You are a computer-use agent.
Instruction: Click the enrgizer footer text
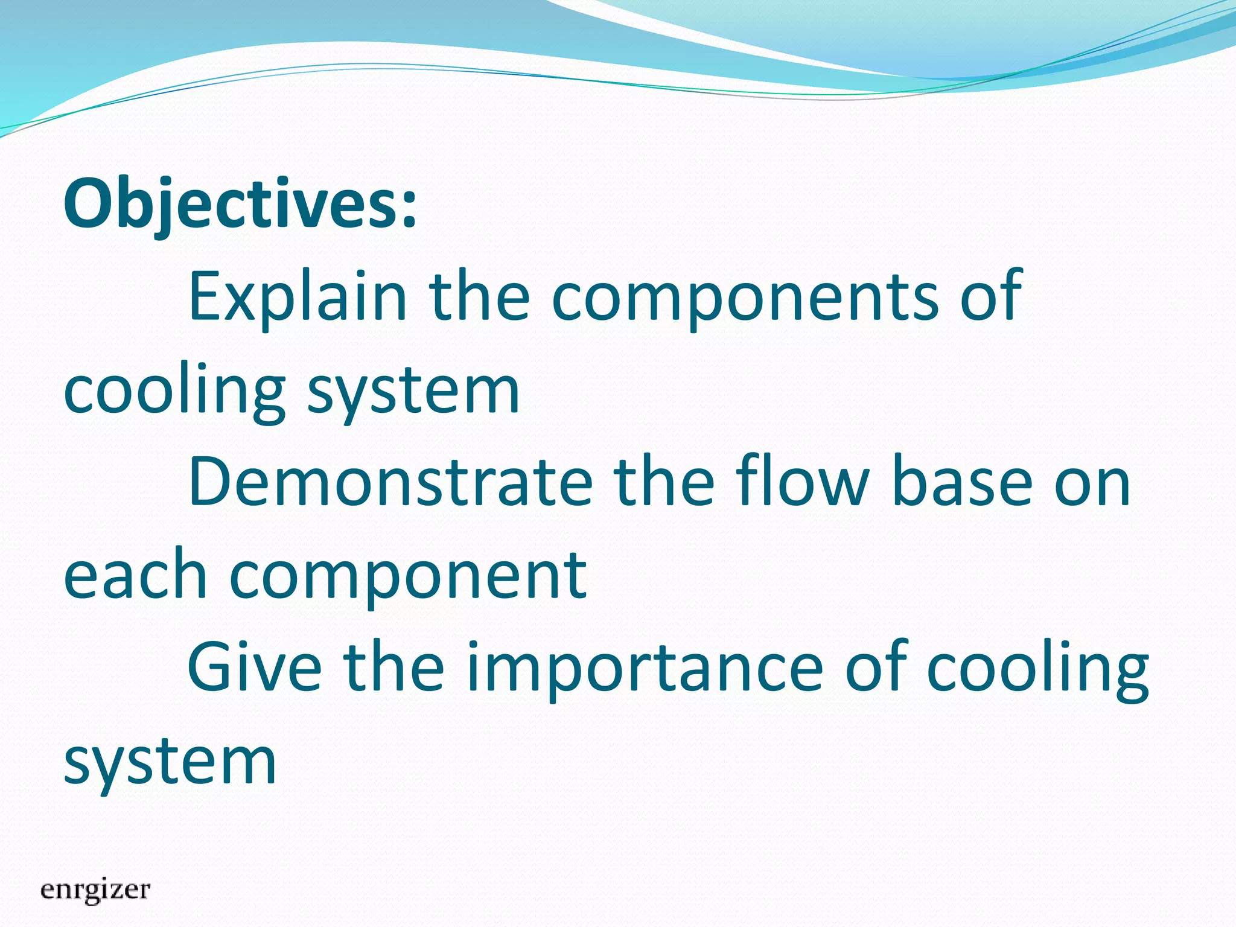(x=95, y=890)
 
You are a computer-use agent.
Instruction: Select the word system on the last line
(x=170, y=762)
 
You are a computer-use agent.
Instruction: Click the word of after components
(x=990, y=297)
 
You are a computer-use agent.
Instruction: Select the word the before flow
(x=664, y=483)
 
